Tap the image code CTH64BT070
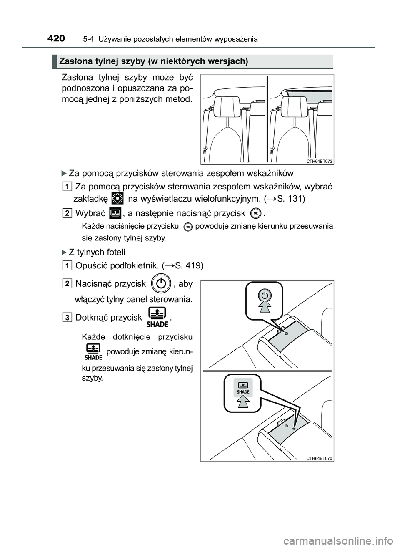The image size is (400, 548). [x=320, y=458]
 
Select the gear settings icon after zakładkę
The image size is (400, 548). [x=118, y=198]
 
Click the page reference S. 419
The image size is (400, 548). [x=190, y=265]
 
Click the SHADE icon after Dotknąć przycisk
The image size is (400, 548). [x=157, y=317]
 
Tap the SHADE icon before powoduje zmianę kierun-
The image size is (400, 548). [x=93, y=351]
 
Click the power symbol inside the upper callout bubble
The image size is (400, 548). [x=264, y=295]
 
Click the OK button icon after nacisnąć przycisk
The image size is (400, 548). [x=256, y=213]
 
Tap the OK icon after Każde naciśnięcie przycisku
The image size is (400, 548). [x=187, y=227]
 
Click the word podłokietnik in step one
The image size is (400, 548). [x=138, y=265]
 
